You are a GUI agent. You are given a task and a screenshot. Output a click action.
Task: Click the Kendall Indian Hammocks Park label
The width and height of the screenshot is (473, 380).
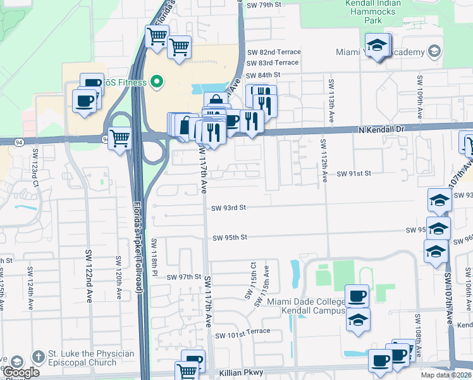point(374,12)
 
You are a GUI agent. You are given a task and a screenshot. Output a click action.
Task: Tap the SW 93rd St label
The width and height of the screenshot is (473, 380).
point(228,208)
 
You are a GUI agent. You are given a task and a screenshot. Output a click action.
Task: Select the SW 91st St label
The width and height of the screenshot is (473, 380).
point(353,173)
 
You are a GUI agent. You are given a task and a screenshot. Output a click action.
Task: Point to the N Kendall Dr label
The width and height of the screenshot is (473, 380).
point(380,130)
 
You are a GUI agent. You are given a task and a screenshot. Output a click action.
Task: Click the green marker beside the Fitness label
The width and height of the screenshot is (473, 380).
point(157,82)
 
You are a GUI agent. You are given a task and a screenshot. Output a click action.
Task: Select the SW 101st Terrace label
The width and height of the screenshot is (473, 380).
point(242,332)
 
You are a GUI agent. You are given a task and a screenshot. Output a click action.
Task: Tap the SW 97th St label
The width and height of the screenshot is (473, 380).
point(183,277)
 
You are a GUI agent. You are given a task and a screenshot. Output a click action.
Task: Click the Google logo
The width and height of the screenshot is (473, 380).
point(21,372)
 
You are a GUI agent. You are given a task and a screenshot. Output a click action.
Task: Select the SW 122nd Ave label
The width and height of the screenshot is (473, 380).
point(89,275)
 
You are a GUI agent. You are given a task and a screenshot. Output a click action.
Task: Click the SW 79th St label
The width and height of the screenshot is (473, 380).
point(264,5)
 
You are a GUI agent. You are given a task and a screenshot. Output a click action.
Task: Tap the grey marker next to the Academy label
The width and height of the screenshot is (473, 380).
point(434,51)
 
